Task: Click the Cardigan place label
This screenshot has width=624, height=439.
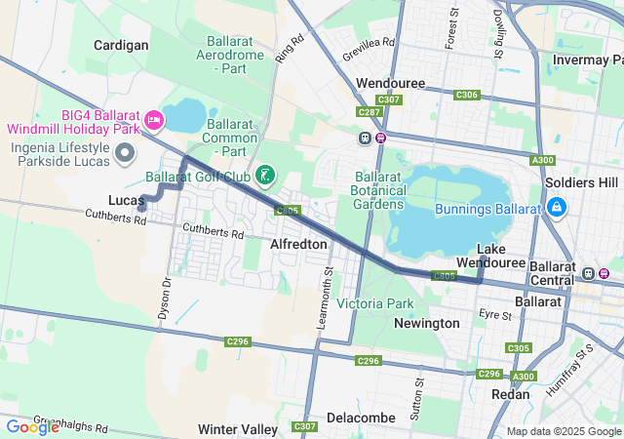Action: (121, 45)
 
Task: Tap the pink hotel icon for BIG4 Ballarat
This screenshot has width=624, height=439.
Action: (153, 120)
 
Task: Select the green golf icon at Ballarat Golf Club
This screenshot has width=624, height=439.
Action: (264, 176)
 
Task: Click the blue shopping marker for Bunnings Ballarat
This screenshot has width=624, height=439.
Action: (557, 208)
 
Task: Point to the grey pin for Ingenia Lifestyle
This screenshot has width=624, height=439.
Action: (125, 153)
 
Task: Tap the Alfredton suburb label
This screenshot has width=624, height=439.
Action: (298, 243)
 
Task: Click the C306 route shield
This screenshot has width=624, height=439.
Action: (467, 95)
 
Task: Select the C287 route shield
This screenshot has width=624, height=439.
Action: (369, 112)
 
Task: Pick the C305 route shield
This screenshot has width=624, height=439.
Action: (519, 348)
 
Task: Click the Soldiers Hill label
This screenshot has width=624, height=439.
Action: (582, 182)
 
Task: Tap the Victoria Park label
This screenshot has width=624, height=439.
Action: (375, 303)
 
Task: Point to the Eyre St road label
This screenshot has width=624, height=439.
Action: (495, 315)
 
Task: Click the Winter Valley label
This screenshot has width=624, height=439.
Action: (238, 429)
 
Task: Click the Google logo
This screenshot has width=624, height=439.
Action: (32, 427)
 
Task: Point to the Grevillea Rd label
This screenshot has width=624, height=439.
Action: (362, 43)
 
